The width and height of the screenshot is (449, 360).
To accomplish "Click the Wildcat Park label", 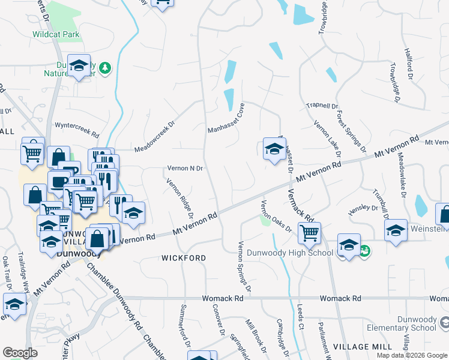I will [56, 34].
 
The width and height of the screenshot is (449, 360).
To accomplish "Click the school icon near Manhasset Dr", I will [274, 149].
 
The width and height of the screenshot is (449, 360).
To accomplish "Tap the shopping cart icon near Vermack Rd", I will [309, 232].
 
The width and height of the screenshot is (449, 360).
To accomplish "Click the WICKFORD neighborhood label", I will [184, 258].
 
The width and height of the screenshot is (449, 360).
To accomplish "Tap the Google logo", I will [20, 353].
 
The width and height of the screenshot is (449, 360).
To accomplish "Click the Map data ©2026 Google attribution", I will [412, 355].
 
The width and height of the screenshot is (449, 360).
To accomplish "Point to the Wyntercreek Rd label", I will [77, 126].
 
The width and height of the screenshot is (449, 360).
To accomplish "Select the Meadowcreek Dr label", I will [154, 137].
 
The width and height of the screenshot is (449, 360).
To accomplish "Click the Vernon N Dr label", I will [184, 169].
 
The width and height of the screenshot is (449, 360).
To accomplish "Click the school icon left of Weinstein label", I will [396, 230].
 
